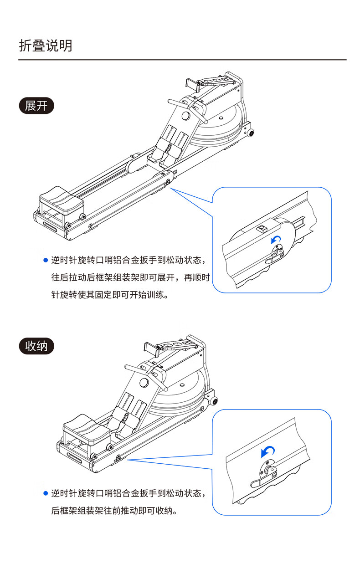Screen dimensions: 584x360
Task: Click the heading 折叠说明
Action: point(46,46)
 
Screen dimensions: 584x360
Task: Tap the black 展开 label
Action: point(36,106)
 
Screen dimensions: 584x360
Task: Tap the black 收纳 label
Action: point(36,346)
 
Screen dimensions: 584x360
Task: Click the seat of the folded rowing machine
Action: point(85,426)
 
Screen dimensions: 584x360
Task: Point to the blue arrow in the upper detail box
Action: point(276,240)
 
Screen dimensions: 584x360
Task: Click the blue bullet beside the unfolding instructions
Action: point(45,260)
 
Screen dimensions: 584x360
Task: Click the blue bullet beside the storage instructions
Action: point(45,493)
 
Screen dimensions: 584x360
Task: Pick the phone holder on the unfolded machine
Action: point(193,84)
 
